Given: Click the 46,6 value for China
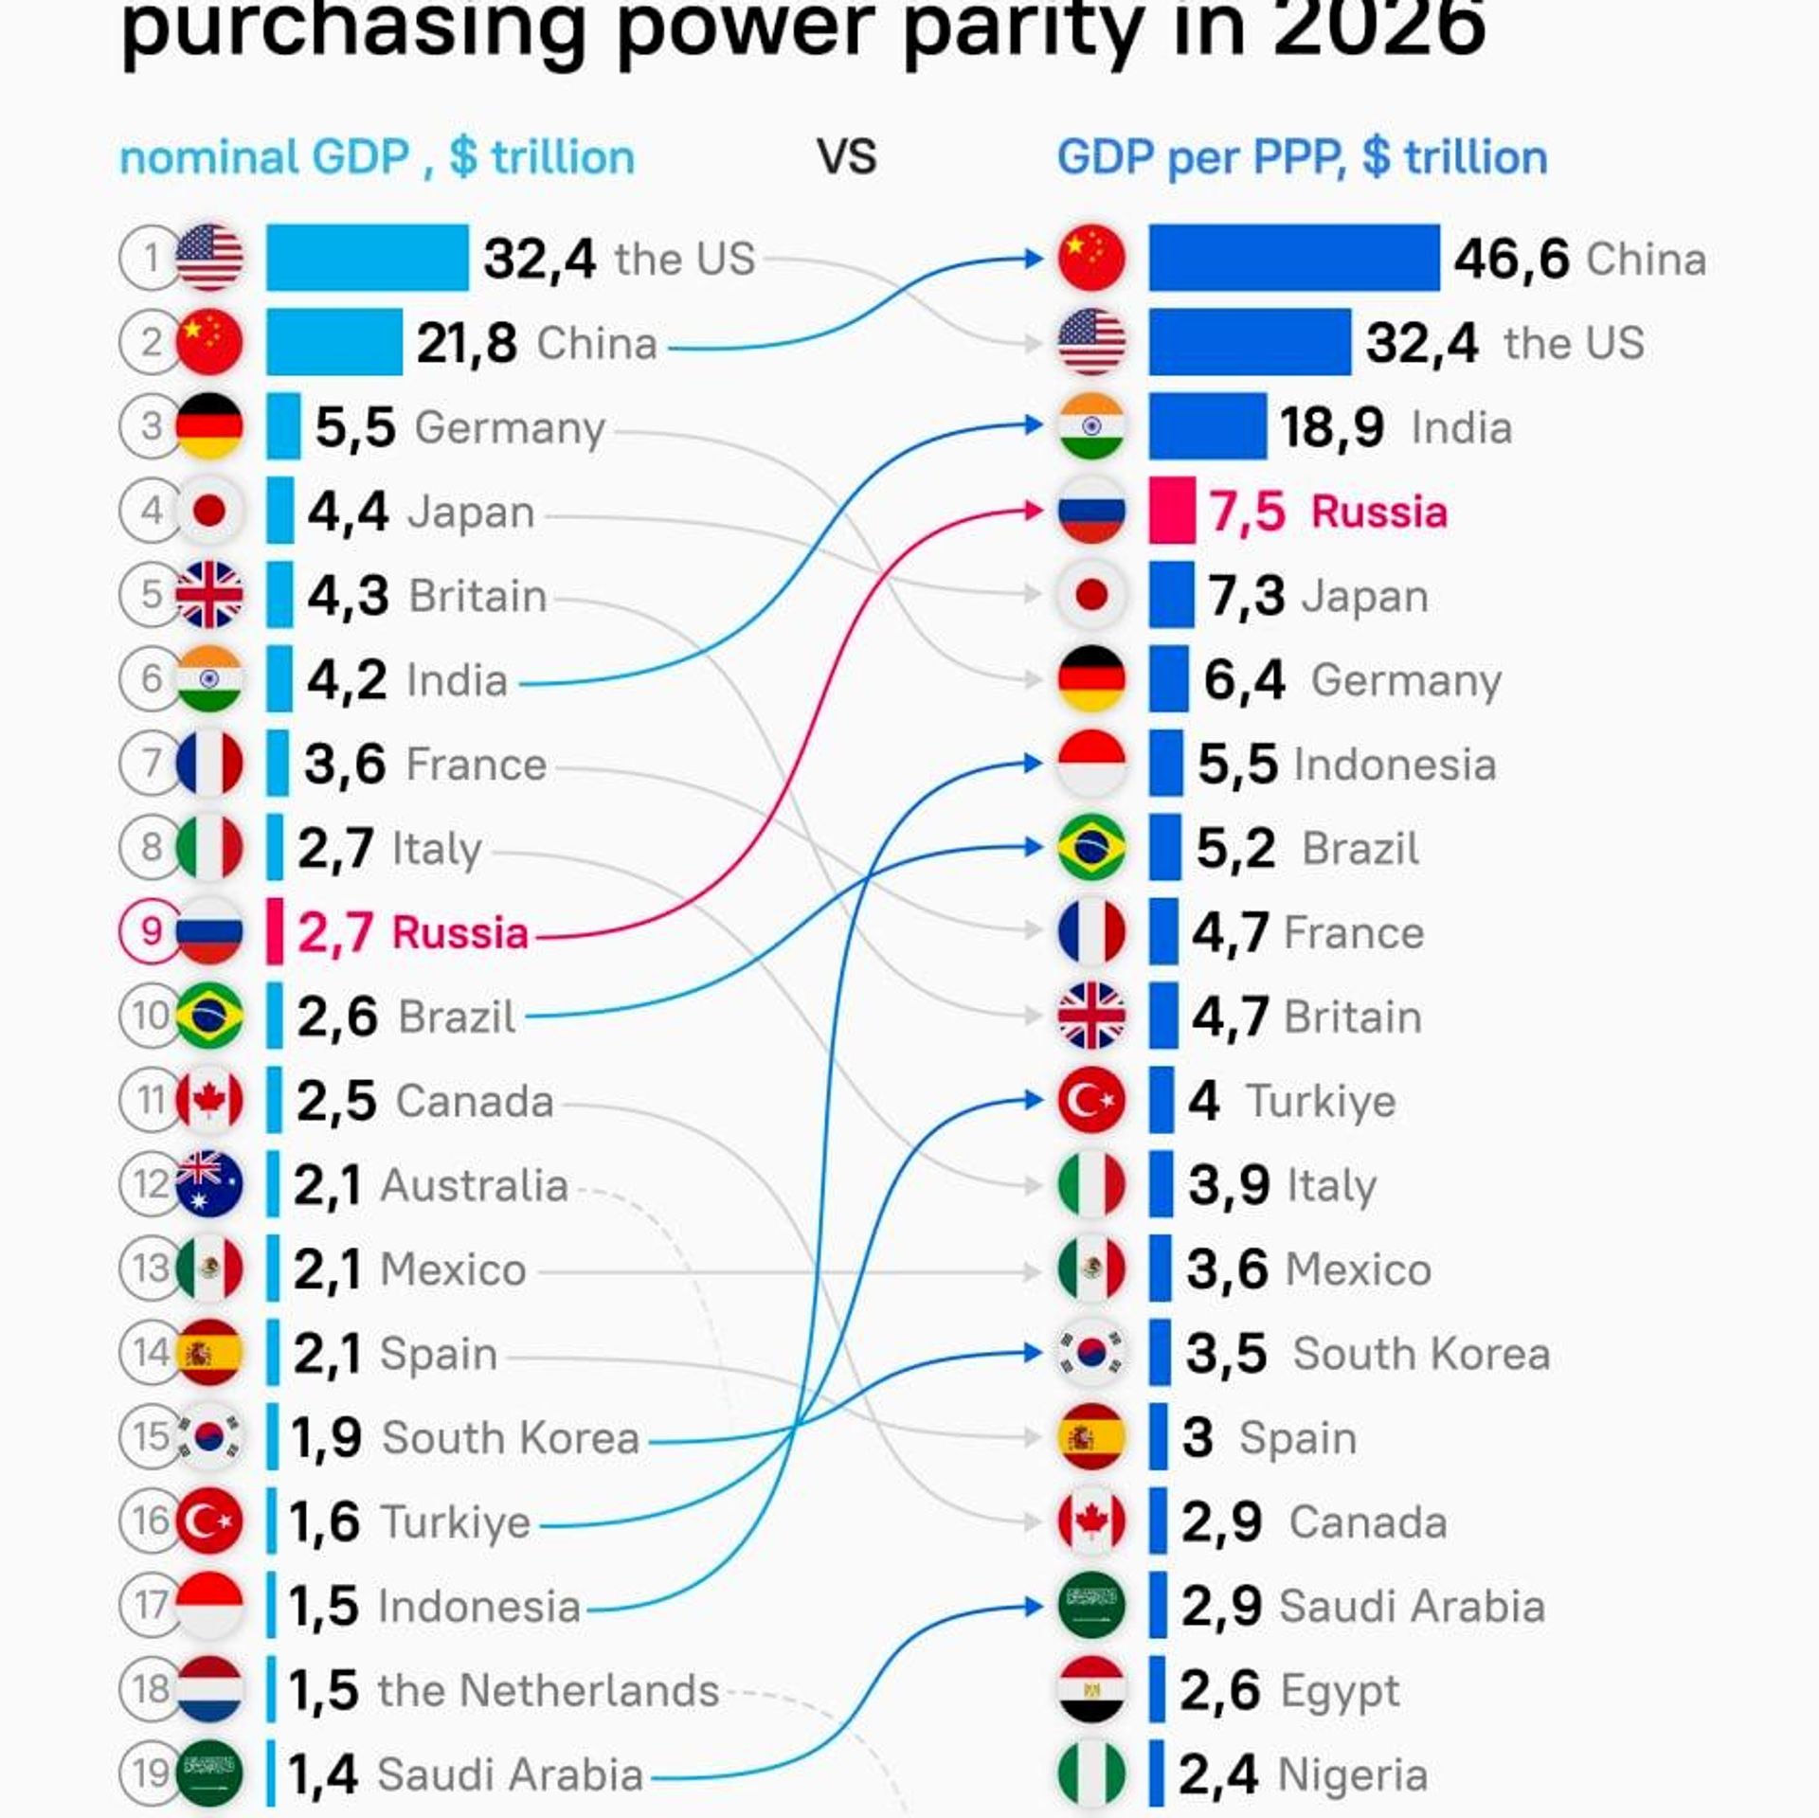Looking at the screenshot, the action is (1511, 260).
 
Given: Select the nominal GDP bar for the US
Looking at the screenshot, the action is (368, 258).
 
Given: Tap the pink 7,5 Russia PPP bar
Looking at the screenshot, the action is (1172, 511).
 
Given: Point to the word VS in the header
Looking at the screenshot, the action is (847, 157).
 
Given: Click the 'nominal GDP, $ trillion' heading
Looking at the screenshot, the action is (377, 157).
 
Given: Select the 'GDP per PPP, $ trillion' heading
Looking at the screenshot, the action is (1302, 157).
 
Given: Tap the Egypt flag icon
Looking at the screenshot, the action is (1091, 1689).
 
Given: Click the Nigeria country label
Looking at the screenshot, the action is (1352, 1774).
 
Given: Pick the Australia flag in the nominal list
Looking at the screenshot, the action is (209, 1184).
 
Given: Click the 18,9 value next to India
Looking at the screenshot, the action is (1332, 427).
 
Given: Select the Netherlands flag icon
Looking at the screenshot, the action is (209, 1689).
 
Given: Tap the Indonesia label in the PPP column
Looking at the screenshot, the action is (1395, 765).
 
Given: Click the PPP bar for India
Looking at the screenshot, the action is (1208, 426).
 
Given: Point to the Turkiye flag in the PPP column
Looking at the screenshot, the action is (1091, 1100).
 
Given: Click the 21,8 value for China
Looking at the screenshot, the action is (466, 343).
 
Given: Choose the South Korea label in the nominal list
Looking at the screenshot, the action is (511, 1438).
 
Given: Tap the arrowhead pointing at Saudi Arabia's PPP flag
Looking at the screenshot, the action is (1035, 1606).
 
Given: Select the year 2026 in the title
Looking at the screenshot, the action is (1379, 28).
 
